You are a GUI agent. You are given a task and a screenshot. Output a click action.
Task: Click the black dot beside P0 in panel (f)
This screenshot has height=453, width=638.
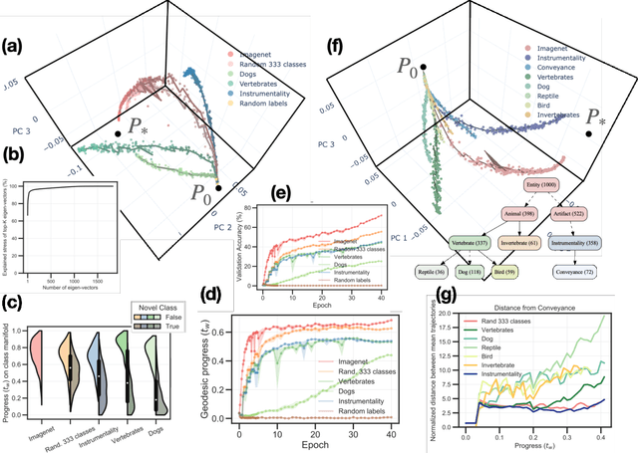coord(424,67)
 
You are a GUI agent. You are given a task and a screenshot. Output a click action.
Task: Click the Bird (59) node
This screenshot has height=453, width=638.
coord(500,271)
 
